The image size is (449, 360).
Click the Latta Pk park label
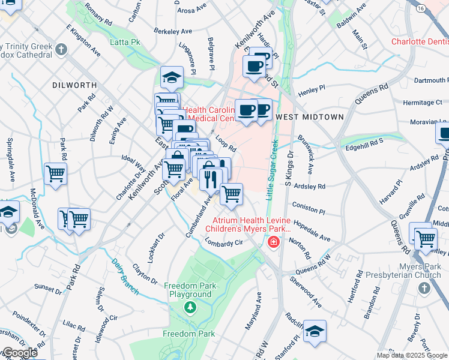(x=125, y=43)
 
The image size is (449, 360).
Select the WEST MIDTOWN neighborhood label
(x=310, y=117)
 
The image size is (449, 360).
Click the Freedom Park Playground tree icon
(x=190, y=307)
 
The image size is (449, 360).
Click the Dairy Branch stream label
(x=125, y=276)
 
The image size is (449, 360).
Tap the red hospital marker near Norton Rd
(x=273, y=242)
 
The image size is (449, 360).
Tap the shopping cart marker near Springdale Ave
(x=55, y=175)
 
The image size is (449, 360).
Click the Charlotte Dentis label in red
(x=420, y=42)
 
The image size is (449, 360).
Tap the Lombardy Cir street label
(x=223, y=242)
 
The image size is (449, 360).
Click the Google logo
(x=20, y=353)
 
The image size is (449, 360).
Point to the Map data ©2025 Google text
(x=412, y=355)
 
